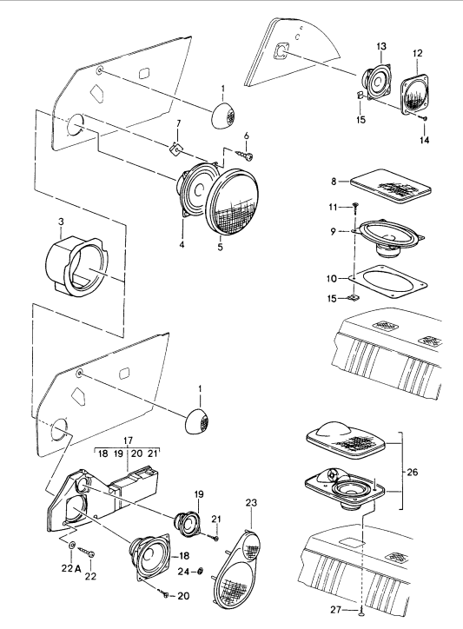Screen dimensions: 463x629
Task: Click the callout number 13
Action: click(x=381, y=46)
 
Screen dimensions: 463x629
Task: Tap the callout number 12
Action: click(x=417, y=53)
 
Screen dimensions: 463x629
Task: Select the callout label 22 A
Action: click(x=72, y=568)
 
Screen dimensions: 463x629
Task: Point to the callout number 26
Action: click(x=412, y=472)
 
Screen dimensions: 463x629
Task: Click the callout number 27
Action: click(x=336, y=610)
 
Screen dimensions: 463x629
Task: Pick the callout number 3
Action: click(x=61, y=222)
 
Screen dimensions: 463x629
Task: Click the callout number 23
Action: click(x=251, y=502)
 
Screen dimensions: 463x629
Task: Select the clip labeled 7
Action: click(x=175, y=149)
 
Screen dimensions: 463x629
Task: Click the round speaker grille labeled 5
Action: click(x=231, y=203)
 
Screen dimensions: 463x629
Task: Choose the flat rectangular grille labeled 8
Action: click(x=391, y=188)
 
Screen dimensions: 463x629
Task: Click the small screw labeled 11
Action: click(x=355, y=206)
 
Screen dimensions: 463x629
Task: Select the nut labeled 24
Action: click(x=201, y=571)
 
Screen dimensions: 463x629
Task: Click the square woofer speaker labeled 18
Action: click(x=149, y=556)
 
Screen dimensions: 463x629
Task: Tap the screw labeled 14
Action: click(x=424, y=118)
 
